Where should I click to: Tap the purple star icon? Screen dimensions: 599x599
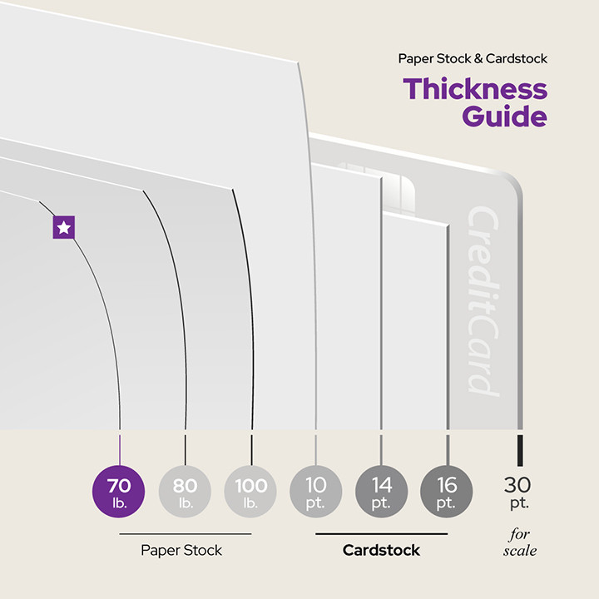[64, 227]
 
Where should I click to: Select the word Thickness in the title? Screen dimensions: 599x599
[475, 89]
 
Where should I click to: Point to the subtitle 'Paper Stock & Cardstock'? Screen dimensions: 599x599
[473, 59]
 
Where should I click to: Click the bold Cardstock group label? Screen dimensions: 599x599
[381, 550]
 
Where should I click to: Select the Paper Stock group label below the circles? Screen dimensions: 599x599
[181, 550]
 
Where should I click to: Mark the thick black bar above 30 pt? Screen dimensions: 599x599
[520, 449]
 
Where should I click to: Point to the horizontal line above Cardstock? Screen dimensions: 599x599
[381, 533]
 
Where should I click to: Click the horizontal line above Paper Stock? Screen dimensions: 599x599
[185, 533]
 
